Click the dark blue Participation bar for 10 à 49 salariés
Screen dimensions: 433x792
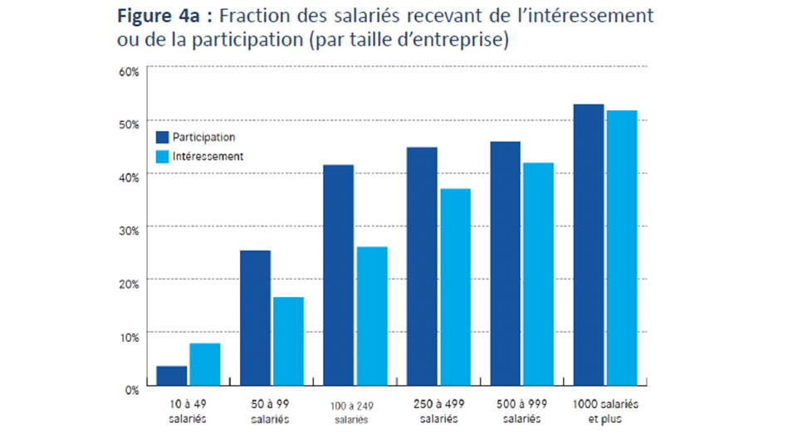[x=172, y=376]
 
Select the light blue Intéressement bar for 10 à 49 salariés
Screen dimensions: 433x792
[x=204, y=365]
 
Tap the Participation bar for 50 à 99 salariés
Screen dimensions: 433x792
[x=255, y=318]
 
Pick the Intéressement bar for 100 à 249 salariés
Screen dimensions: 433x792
[x=370, y=316]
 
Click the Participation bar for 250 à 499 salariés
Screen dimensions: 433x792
[x=421, y=266]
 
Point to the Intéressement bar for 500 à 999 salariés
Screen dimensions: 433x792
[x=538, y=274]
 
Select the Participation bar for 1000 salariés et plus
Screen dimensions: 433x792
[x=589, y=245]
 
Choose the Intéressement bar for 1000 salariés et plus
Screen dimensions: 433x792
[x=621, y=248]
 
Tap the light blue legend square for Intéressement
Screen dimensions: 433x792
[x=162, y=156]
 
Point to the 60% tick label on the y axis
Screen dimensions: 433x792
[x=130, y=71]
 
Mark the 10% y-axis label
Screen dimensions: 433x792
[x=130, y=335]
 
